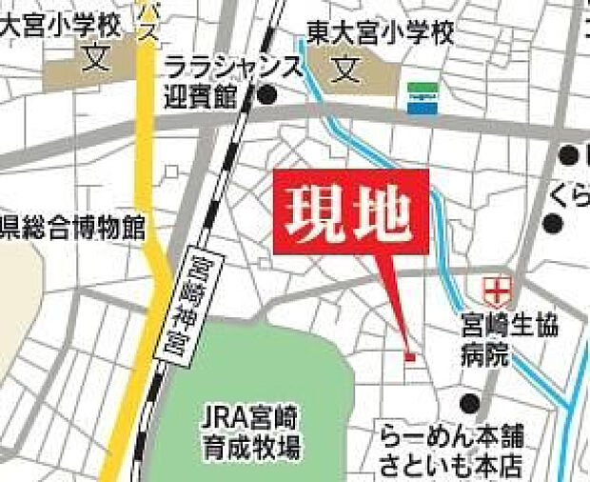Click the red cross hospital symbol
point(497,286)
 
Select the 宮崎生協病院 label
point(505,339)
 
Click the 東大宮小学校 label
point(381,34)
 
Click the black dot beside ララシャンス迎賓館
point(268,94)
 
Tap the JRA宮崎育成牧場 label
point(251,431)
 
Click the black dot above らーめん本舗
point(468,401)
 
